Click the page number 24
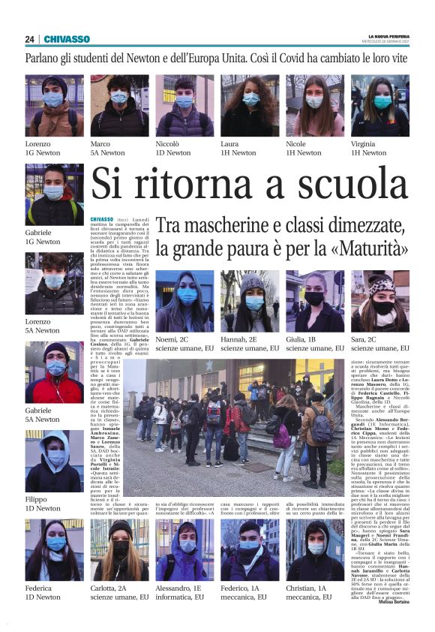(30, 39)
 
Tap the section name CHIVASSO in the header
(67, 39)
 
